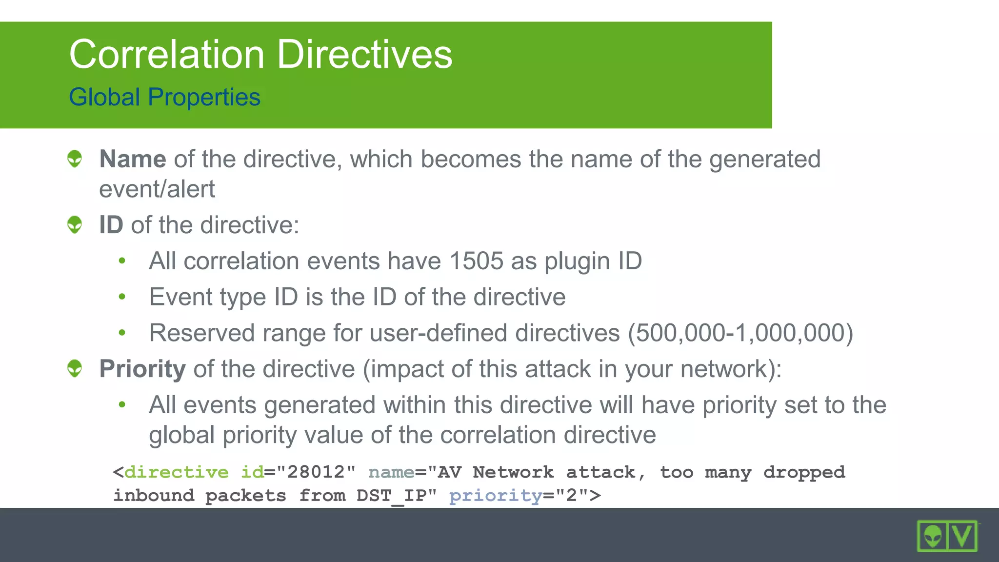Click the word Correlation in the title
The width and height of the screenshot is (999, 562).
click(167, 54)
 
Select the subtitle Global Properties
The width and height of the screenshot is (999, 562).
click(164, 97)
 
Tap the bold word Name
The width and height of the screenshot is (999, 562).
click(133, 159)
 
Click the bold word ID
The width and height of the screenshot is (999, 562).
click(111, 225)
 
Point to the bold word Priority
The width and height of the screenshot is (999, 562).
click(142, 369)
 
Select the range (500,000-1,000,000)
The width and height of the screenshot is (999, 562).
click(740, 333)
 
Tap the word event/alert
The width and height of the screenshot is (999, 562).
click(157, 189)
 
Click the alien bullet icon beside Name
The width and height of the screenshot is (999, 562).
click(75, 159)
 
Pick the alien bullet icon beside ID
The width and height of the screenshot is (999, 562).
click(75, 224)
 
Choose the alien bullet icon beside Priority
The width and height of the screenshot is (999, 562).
click(75, 368)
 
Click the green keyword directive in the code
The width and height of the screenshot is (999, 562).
click(177, 472)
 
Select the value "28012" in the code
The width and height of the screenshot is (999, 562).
click(316, 472)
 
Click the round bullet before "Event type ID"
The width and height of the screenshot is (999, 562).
click(122, 297)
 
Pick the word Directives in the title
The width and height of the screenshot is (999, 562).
click(365, 54)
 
